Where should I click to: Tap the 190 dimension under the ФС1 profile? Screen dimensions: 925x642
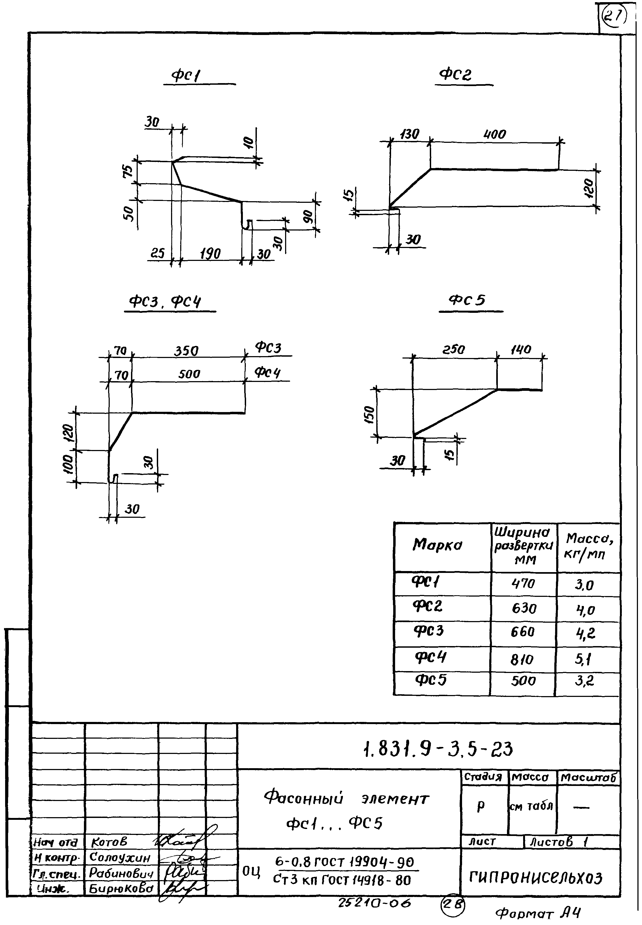[210, 254]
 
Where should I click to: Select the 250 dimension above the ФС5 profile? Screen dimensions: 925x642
[453, 349]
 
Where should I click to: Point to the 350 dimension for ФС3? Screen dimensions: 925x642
[186, 351]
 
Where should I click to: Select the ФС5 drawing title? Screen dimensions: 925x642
[467, 300]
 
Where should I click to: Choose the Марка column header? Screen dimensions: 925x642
[437, 545]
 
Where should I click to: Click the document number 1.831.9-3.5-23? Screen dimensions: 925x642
[437, 750]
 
